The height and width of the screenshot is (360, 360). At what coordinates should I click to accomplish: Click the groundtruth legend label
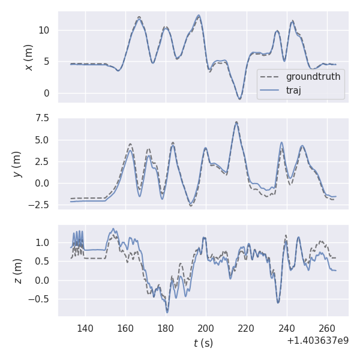pos(313,77)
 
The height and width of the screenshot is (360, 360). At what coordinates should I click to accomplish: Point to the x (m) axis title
pos(28,57)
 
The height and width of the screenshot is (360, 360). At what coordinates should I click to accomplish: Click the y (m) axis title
pos(17,163)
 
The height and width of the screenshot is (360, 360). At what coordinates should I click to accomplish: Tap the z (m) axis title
pos(17,271)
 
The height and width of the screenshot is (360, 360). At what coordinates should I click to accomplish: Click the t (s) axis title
pos(203,343)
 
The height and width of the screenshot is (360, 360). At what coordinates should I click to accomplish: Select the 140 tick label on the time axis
pos(85,329)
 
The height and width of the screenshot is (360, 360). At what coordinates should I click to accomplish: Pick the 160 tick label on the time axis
pos(125,329)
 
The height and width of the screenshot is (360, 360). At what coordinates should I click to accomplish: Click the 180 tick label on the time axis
pos(166,329)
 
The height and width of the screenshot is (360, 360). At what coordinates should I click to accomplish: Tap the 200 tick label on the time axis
pos(206,329)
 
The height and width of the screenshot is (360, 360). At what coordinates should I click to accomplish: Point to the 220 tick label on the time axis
pos(246,329)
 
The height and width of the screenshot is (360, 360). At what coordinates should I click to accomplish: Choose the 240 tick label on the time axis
pos(286,329)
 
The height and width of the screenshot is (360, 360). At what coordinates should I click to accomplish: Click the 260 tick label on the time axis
pos(326,329)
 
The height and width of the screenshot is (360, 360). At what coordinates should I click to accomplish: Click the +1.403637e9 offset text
pos(317,340)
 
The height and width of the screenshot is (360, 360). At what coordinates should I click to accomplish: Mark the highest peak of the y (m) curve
pos(236,122)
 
